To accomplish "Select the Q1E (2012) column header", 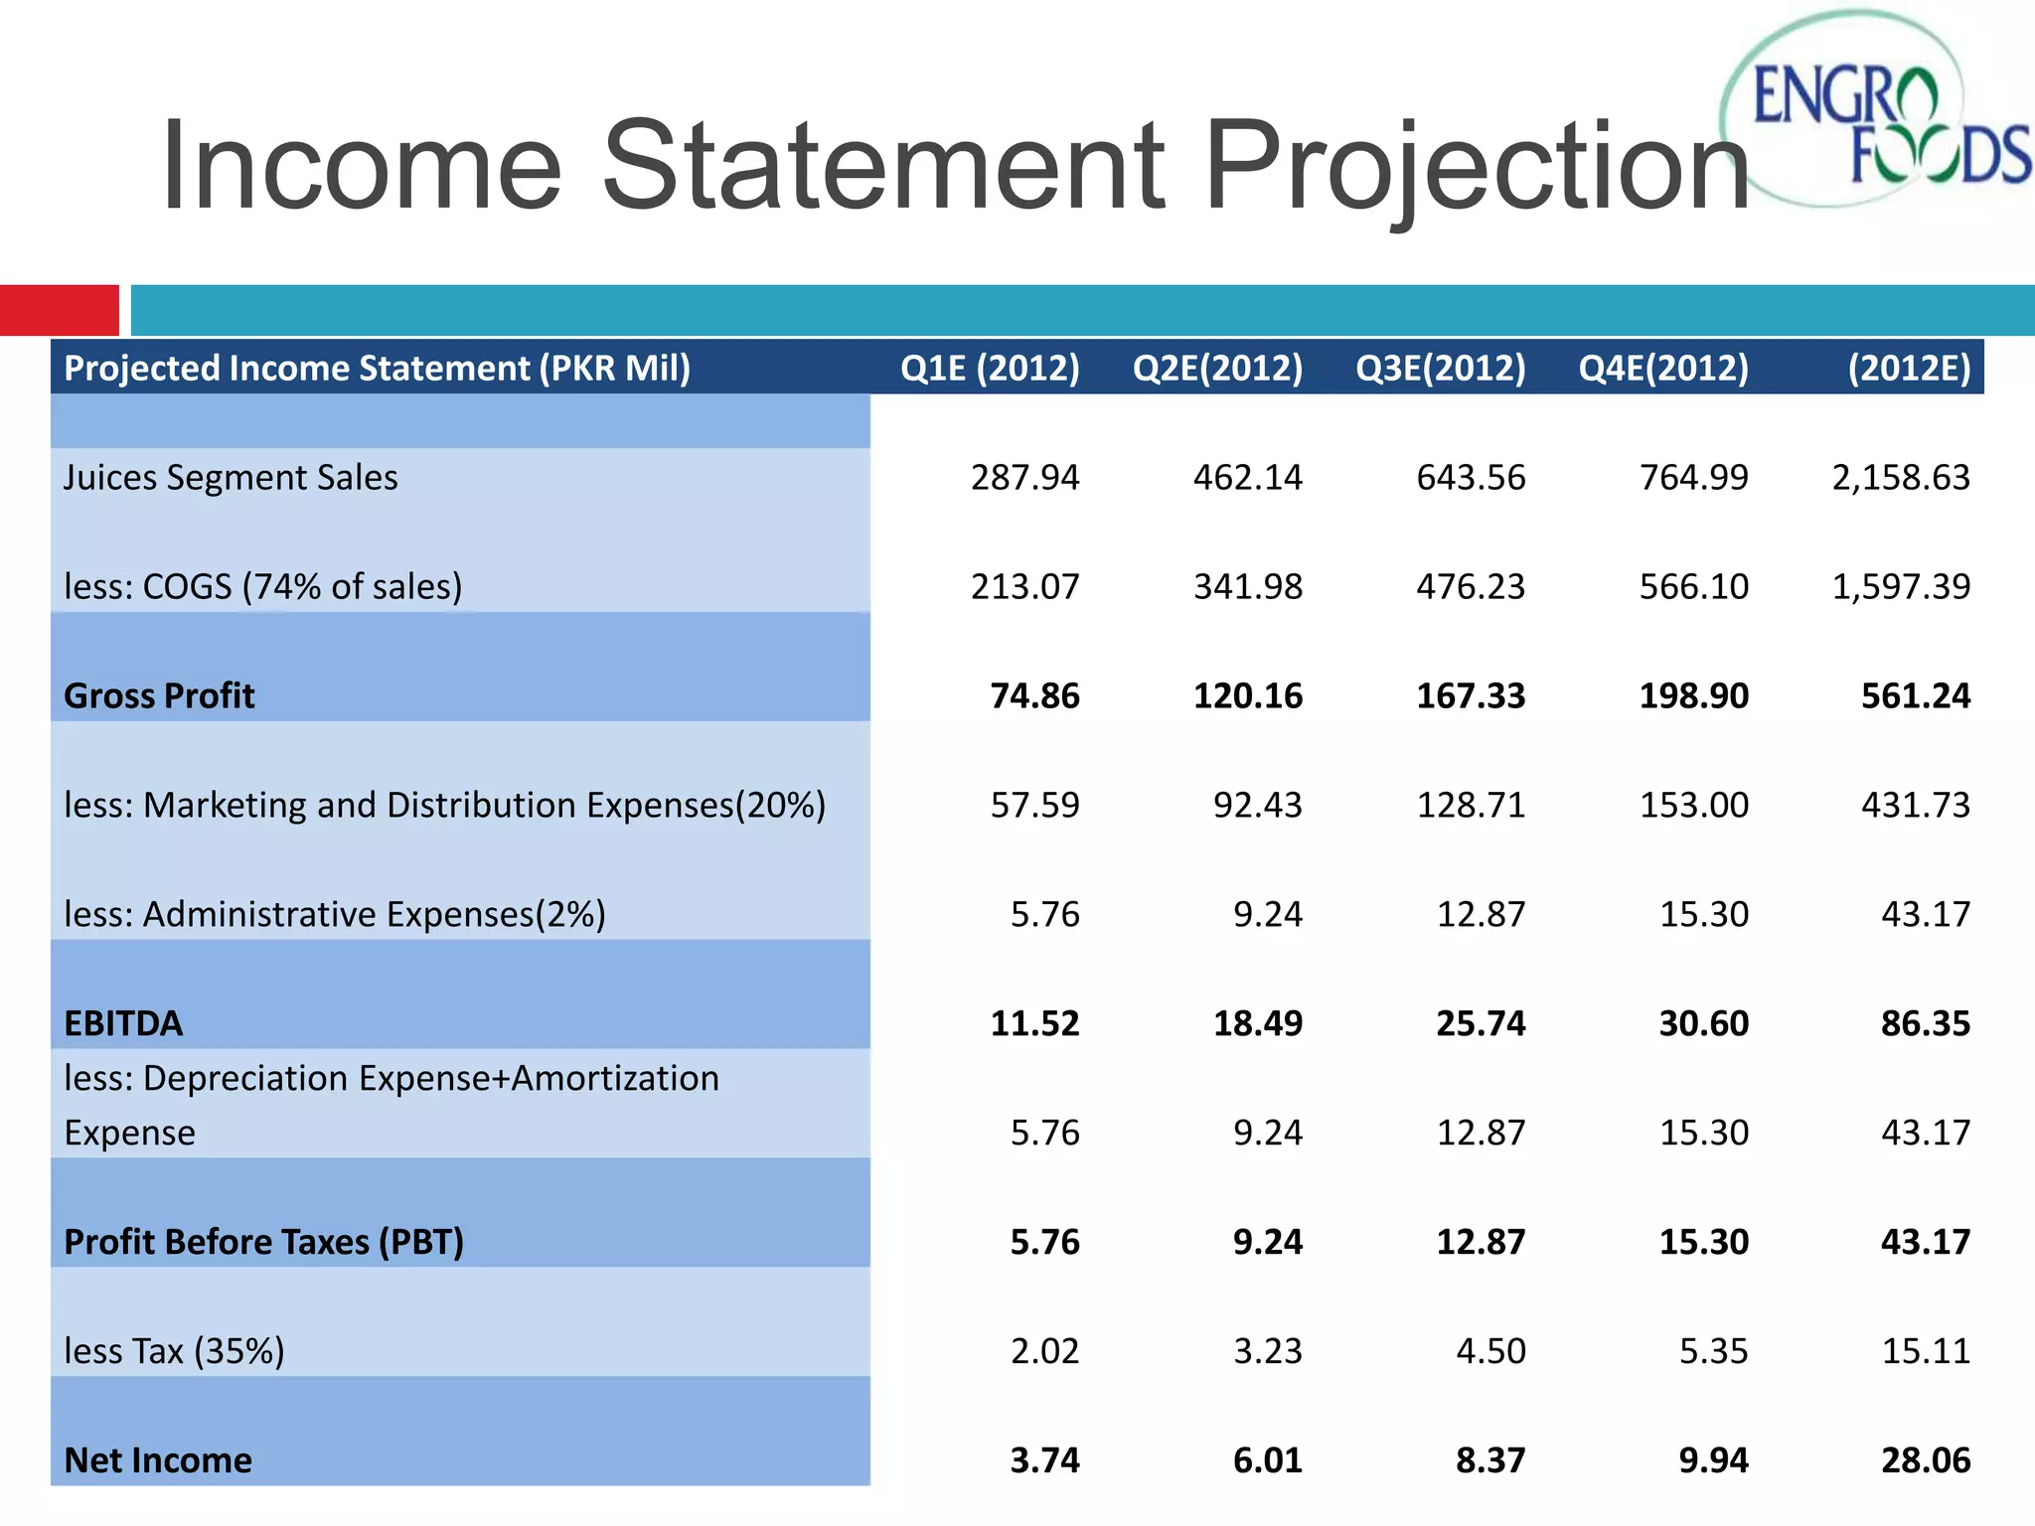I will [990, 369].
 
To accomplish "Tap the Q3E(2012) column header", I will [1440, 369].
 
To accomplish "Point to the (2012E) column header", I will [1908, 369].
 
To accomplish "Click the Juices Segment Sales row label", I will [231, 478].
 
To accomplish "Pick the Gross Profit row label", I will [159, 696].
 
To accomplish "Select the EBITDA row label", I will [123, 1023].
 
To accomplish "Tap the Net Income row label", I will [158, 1460].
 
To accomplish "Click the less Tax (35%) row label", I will [174, 1351].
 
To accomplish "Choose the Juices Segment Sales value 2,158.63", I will [1900, 478].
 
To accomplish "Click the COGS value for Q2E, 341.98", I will [1247, 587].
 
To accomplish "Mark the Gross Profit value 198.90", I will [1693, 696].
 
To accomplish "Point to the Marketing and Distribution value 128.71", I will [1471, 805].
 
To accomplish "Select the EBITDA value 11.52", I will [1034, 1023].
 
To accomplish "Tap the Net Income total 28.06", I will [1925, 1460].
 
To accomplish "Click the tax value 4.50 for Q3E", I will [1490, 1351].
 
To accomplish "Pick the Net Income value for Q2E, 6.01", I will [1267, 1460].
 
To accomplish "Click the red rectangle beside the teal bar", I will [60, 310].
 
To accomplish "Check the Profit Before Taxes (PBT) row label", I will [263, 1242].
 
